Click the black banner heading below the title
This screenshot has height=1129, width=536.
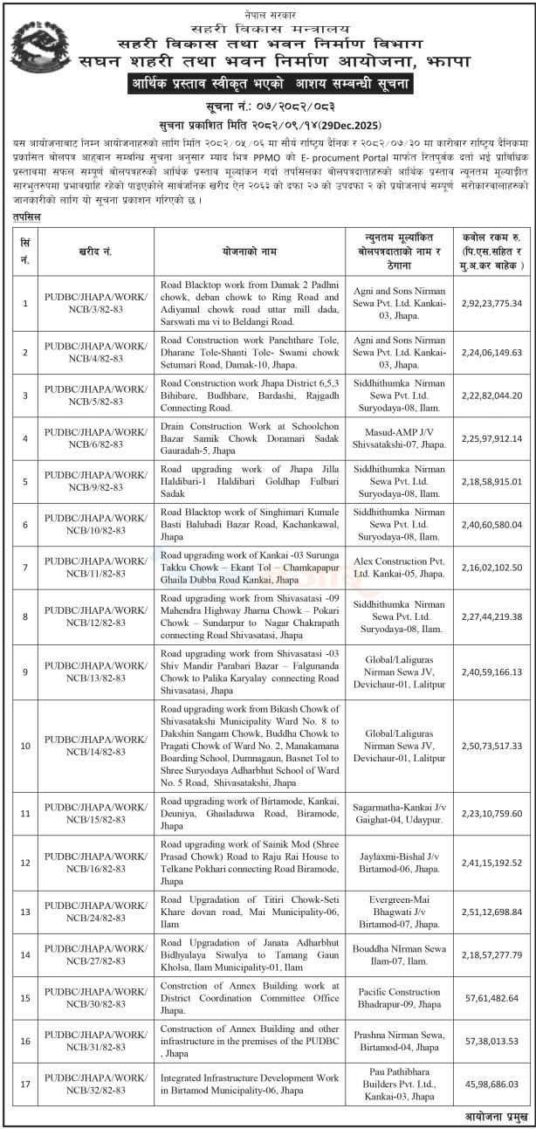268,85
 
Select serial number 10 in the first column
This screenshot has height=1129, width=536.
25,746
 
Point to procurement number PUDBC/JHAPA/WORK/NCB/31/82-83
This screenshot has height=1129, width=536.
96,1041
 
